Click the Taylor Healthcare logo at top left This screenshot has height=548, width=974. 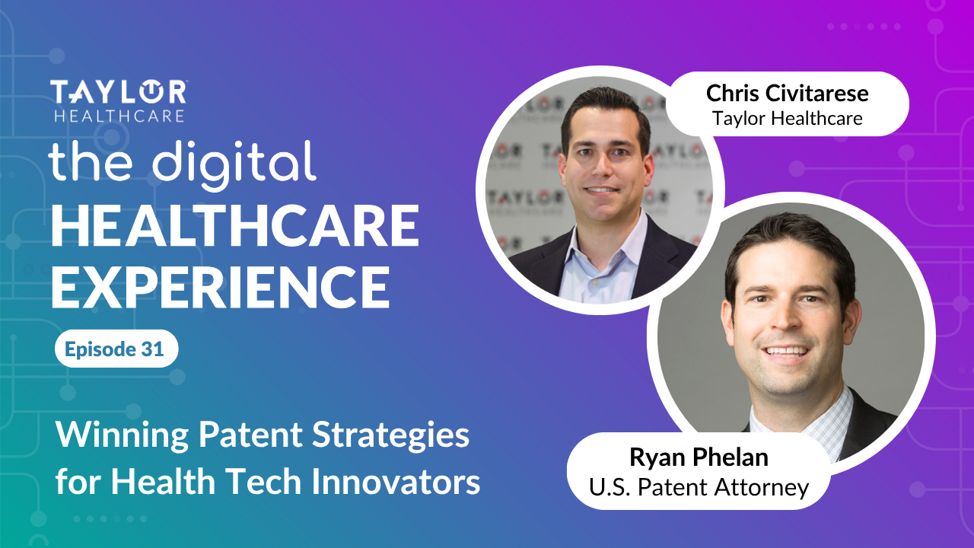point(118,100)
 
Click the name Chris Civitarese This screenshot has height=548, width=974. point(787,94)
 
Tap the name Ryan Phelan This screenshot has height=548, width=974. point(698,457)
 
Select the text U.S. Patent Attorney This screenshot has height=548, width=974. point(698,486)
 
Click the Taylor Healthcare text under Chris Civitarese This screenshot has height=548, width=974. point(787,118)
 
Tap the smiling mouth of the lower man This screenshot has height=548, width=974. point(787,351)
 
